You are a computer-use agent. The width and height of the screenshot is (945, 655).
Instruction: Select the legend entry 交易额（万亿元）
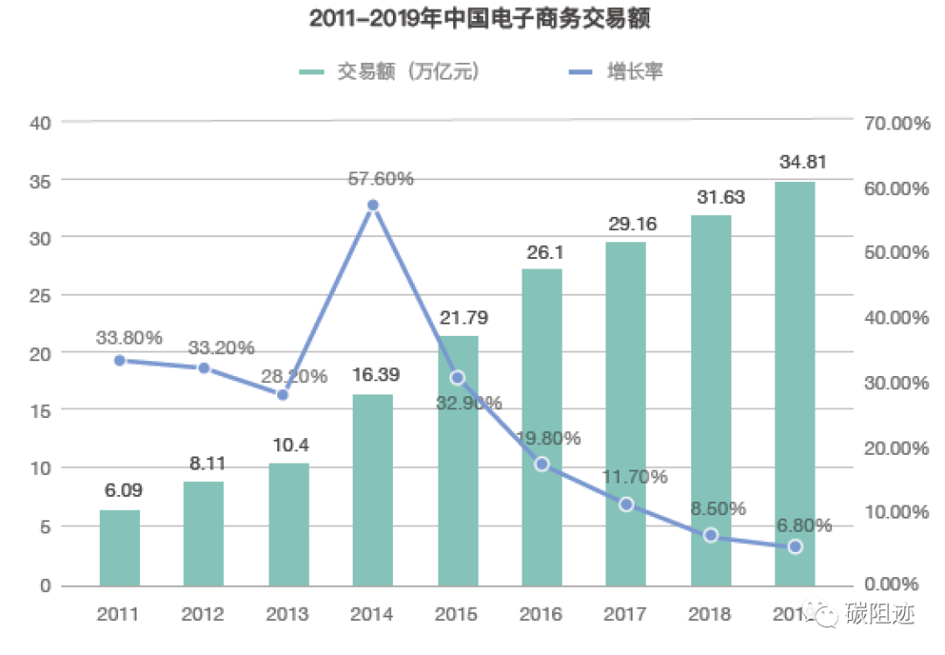click(388, 72)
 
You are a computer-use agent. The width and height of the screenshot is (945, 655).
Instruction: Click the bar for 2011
click(120, 547)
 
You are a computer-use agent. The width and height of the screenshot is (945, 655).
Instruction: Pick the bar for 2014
click(373, 490)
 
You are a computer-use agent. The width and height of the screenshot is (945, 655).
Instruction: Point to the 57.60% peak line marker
click(373, 206)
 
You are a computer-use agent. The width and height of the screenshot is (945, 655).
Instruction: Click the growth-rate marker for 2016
click(542, 463)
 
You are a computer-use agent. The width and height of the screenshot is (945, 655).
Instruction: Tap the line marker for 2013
click(283, 394)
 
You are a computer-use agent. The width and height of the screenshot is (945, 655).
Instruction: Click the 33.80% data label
click(129, 337)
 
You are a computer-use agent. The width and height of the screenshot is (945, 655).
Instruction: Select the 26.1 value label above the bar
click(542, 252)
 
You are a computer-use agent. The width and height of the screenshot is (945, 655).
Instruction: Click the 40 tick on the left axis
click(40, 123)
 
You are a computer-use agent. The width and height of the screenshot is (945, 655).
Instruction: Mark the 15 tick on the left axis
click(40, 411)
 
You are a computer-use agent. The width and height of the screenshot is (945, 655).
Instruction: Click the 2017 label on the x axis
click(626, 614)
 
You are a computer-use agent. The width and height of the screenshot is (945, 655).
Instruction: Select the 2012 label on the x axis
click(203, 614)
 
